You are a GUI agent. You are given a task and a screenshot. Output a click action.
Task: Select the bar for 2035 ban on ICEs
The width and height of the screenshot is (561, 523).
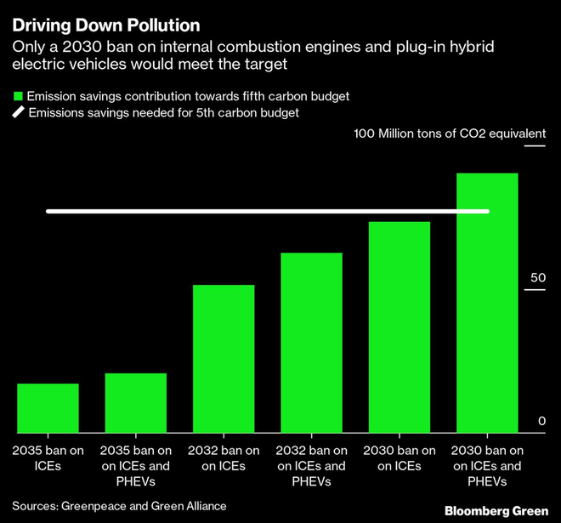(x=48, y=408)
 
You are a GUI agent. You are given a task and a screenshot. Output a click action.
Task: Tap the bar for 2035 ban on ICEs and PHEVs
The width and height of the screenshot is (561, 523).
(x=136, y=403)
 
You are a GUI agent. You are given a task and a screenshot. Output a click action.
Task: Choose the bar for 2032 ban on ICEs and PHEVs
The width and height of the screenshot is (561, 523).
(x=312, y=343)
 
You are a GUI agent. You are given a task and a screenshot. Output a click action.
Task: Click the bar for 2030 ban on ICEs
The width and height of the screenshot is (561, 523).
(x=399, y=327)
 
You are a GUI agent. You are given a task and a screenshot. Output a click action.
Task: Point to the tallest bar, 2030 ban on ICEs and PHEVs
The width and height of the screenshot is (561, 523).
(x=487, y=303)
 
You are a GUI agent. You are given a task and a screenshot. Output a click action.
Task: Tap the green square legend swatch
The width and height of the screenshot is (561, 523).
(x=16, y=95)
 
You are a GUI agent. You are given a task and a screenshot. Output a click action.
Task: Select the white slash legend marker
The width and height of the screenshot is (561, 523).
(x=16, y=112)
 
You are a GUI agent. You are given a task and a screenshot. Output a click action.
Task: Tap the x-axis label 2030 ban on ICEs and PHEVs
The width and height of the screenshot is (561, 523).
(x=487, y=466)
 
